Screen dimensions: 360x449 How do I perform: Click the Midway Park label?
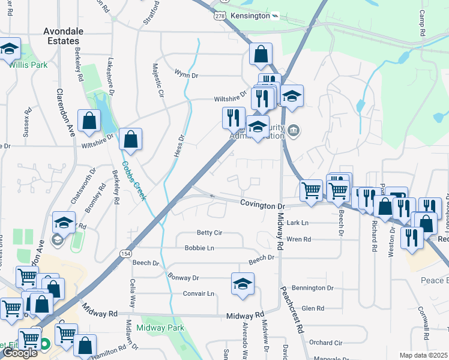(160, 328)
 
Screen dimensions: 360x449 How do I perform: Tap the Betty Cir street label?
(209, 233)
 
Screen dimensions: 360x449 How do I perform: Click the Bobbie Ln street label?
(199, 248)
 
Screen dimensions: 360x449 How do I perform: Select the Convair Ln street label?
(199, 293)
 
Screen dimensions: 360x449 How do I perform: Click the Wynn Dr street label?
(186, 75)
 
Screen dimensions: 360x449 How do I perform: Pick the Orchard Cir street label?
(326, 343)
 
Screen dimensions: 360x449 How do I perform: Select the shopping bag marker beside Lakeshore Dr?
(89, 121)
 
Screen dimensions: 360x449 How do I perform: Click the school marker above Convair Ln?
(243, 284)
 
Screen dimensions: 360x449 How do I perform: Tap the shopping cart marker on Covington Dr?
(310, 191)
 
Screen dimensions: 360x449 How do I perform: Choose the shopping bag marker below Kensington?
(261, 55)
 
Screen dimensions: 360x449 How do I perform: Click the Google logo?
(20, 353)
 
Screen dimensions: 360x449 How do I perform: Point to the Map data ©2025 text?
(423, 355)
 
